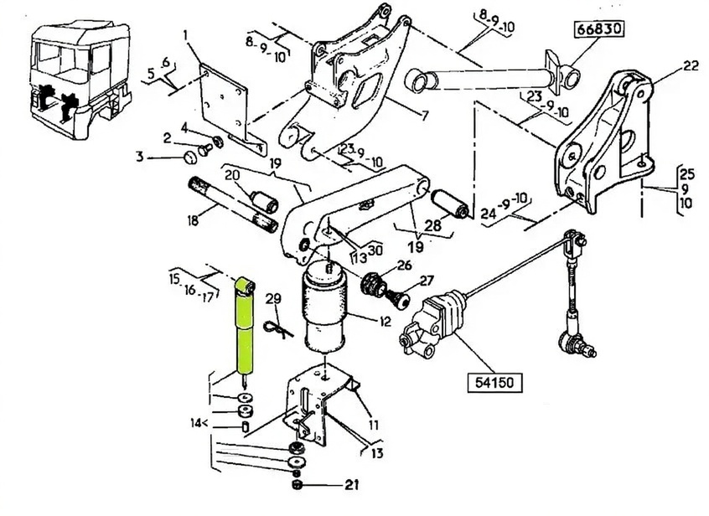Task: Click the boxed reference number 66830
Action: point(599,29)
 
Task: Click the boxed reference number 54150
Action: point(494,382)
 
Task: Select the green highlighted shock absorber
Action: point(244,327)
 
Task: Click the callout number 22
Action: point(691,66)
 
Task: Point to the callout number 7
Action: point(425,116)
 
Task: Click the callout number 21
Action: point(352,485)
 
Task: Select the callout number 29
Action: point(273,299)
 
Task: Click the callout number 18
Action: point(193,221)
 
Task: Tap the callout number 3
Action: point(140,157)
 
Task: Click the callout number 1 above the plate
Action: point(185,35)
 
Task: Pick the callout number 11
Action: point(373,425)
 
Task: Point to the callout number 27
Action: point(426,281)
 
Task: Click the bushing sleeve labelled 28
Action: point(449,204)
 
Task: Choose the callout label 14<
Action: point(198,423)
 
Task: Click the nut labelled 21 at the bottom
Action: point(297,485)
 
